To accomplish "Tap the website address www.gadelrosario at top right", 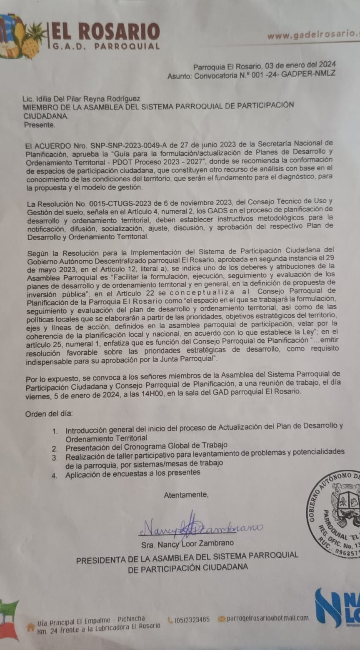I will click(312, 35).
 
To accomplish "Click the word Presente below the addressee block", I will click(39, 124).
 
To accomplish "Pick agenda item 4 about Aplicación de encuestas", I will click(132, 473).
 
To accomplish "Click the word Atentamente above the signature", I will click(186, 495).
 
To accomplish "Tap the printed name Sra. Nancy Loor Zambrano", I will click(187, 543).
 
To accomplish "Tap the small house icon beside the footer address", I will click(30, 626).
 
